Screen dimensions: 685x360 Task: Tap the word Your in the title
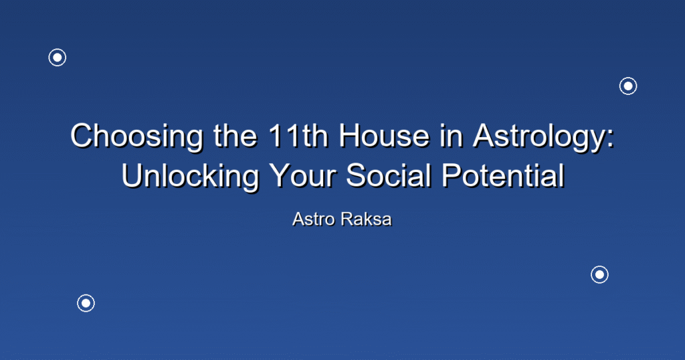pyautogui.click(x=302, y=175)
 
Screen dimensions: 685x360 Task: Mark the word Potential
pyautogui.click(x=503, y=175)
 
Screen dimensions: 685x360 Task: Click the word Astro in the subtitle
pyautogui.click(x=314, y=219)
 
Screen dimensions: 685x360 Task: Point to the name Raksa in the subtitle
pyautogui.click(x=367, y=219)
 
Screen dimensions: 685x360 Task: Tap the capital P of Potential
pyautogui.click(x=452, y=175)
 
